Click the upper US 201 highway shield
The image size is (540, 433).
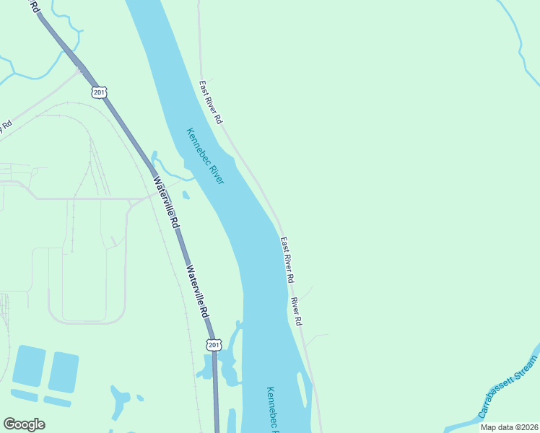pos(100,92)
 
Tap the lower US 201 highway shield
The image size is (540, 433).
pos(214,345)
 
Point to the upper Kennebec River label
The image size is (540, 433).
pos(205,156)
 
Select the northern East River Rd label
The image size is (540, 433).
pos(211,101)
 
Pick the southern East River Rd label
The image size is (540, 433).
pos(287,259)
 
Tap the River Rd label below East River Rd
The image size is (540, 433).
pos(296,310)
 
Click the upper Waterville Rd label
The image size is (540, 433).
pos(165,204)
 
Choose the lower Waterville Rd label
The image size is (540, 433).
pos(197,292)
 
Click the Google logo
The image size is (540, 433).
pos(24,424)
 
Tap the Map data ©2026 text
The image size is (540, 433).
pos(509,427)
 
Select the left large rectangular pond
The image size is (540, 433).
pos(28,364)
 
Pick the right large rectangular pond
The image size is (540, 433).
pos(63,372)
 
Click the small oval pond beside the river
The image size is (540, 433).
pos(186,195)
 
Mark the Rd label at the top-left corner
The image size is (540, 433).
pos(32,6)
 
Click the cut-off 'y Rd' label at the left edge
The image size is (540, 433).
pos(6,126)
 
